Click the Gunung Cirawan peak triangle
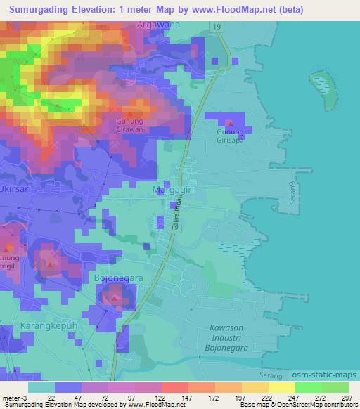(129, 113)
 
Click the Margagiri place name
(174, 190)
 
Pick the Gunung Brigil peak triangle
(9, 248)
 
